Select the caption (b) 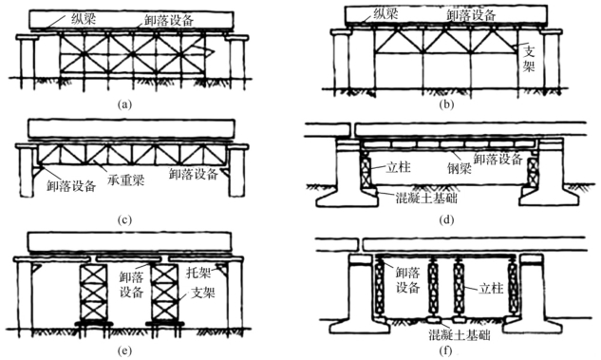(x=447, y=104)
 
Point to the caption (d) (x=447, y=219)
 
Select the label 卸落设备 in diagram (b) (x=472, y=14)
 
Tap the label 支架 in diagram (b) (x=529, y=59)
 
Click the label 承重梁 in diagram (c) (x=126, y=180)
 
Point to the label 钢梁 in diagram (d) (x=460, y=168)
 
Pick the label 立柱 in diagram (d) (x=399, y=167)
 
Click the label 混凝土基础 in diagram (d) (x=426, y=198)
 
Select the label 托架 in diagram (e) (x=198, y=273)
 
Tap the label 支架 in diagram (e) (x=203, y=294)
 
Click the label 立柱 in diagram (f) (x=491, y=288)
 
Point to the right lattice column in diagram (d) (x=533, y=168)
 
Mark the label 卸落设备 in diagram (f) (x=408, y=280)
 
